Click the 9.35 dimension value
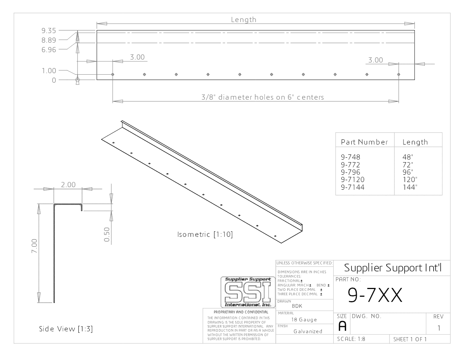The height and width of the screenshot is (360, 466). pyautogui.click(x=49, y=31)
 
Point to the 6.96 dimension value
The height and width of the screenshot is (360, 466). pyautogui.click(x=49, y=50)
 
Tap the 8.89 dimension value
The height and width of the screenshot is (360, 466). pyautogui.click(x=49, y=40)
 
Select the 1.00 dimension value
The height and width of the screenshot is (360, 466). pyautogui.click(x=49, y=71)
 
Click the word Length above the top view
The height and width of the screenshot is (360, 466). pyautogui.click(x=243, y=20)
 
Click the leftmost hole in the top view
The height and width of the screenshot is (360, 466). pyautogui.click(x=113, y=74)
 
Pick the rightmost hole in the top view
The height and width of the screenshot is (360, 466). pyautogui.click(x=399, y=74)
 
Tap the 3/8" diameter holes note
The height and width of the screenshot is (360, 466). pyautogui.click(x=263, y=97)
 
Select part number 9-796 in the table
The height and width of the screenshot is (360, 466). pyautogui.click(x=351, y=172)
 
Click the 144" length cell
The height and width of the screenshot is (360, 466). pyautogui.click(x=410, y=187)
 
